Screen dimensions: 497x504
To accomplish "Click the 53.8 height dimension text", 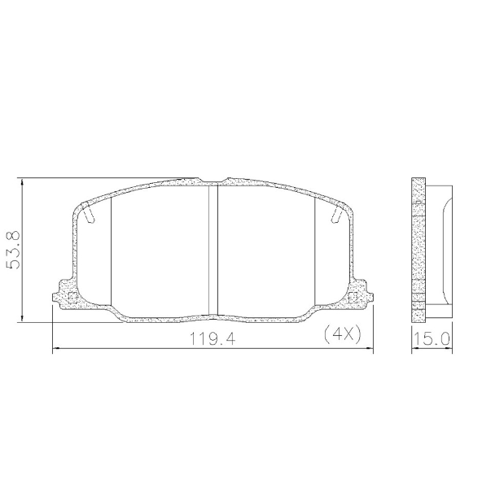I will coord(14,251).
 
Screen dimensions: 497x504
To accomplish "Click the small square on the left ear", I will coord(71,298).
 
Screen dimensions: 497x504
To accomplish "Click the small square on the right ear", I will coord(353,298).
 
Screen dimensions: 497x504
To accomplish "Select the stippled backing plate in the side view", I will coord(418,249).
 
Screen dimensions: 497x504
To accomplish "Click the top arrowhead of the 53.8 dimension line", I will coord(24,182).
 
